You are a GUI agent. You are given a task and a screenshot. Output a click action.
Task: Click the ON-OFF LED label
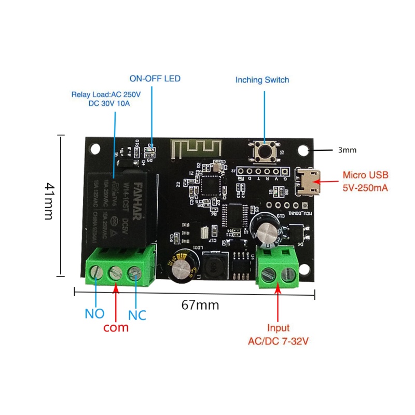155,79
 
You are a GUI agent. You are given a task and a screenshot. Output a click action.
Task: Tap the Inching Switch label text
262,80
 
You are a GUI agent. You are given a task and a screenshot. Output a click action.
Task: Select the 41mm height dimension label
49,201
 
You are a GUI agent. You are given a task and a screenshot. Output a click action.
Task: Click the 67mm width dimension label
200,305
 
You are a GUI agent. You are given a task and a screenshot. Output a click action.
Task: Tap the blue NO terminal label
94,314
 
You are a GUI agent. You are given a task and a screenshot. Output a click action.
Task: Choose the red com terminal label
116,328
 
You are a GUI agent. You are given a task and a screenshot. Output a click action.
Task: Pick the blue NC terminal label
137,314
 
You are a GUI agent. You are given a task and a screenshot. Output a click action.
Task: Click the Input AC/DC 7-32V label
278,335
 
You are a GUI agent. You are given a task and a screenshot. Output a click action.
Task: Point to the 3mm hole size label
347,150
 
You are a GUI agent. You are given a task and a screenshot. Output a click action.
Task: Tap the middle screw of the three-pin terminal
115,273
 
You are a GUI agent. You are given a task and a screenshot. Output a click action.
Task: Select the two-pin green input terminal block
278,268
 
